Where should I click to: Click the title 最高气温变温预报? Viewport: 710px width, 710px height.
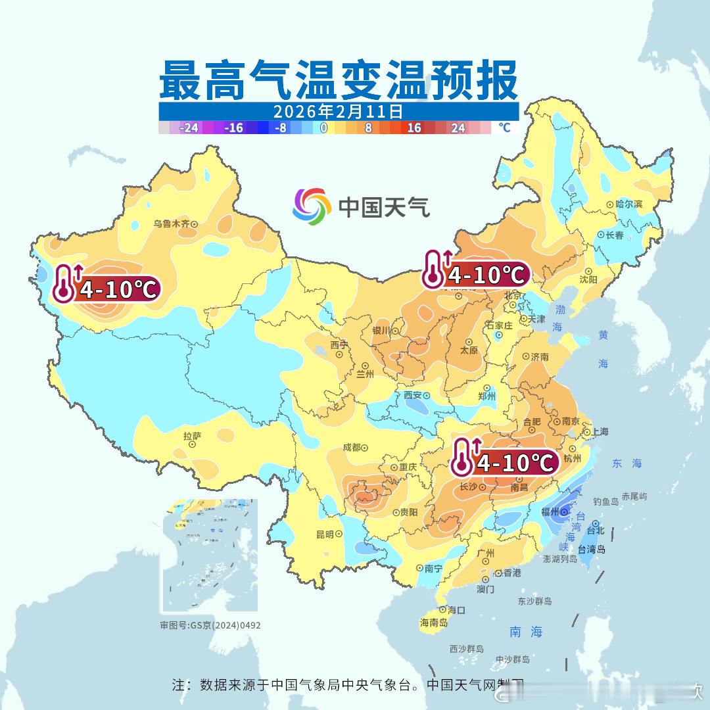(x=339, y=78)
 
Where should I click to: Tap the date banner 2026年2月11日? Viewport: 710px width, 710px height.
(x=338, y=110)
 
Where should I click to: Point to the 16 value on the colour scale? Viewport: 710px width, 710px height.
(x=414, y=128)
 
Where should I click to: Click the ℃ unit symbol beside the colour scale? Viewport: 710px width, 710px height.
(x=504, y=128)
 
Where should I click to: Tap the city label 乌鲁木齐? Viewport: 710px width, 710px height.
(x=172, y=224)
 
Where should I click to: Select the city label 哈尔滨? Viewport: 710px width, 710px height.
(x=629, y=204)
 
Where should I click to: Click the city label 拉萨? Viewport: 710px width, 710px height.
(x=192, y=435)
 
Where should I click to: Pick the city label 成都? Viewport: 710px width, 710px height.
(x=352, y=447)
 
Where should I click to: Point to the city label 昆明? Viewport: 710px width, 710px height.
(x=325, y=534)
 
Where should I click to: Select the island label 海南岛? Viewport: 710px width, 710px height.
(x=434, y=623)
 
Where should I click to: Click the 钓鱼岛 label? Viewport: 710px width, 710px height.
(x=605, y=502)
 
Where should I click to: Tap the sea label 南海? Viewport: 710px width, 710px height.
(x=526, y=632)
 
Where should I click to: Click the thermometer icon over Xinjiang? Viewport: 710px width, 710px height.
(x=64, y=283)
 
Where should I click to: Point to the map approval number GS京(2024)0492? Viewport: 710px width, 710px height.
(x=210, y=625)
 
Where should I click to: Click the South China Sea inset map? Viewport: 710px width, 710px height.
(x=210, y=556)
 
